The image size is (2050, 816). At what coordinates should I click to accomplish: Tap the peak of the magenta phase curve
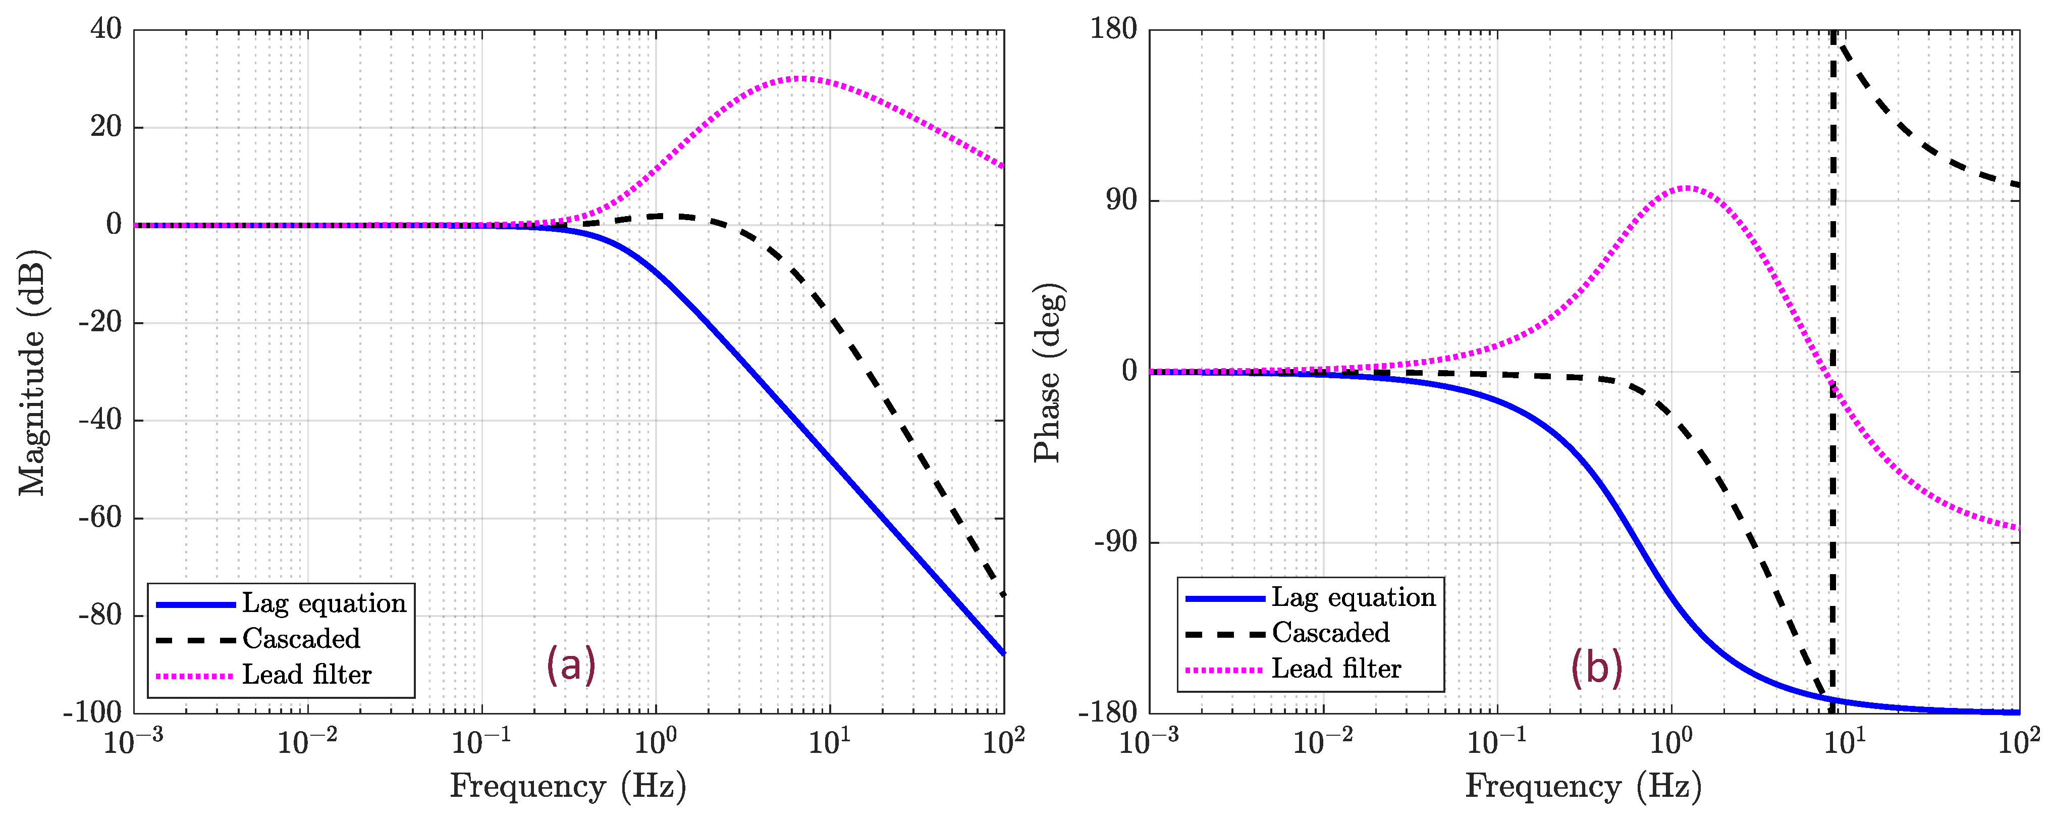click(x=1686, y=188)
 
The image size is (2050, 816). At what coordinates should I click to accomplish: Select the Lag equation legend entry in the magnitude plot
click(x=323, y=603)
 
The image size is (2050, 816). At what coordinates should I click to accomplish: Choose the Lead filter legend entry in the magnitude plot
click(x=306, y=675)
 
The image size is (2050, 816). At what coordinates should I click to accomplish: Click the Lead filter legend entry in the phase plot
click(x=1335, y=669)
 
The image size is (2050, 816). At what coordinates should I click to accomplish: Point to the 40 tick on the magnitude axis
click(x=106, y=29)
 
